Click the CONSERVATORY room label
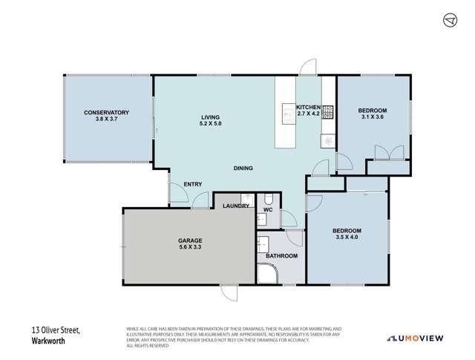[x=106, y=112]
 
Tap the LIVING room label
[x=212, y=117]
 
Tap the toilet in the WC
[x=267, y=200]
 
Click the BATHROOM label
[x=282, y=256]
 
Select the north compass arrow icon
[x=448, y=20]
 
